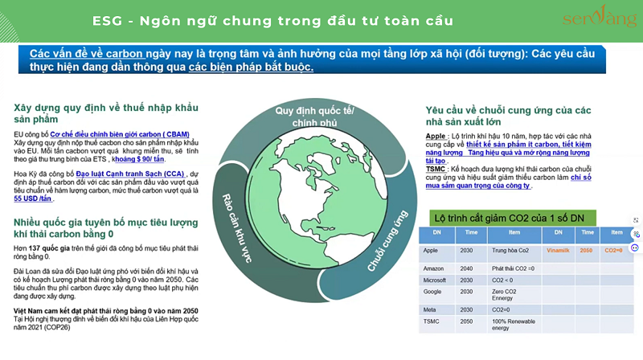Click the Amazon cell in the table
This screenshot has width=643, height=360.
coord(433,268)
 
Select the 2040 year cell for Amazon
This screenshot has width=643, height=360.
coord(467,268)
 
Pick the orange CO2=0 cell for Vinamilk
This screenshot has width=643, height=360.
coord(614,250)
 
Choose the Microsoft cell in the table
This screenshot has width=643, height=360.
coord(436,280)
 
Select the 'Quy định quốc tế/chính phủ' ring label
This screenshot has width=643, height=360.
coord(315,115)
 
